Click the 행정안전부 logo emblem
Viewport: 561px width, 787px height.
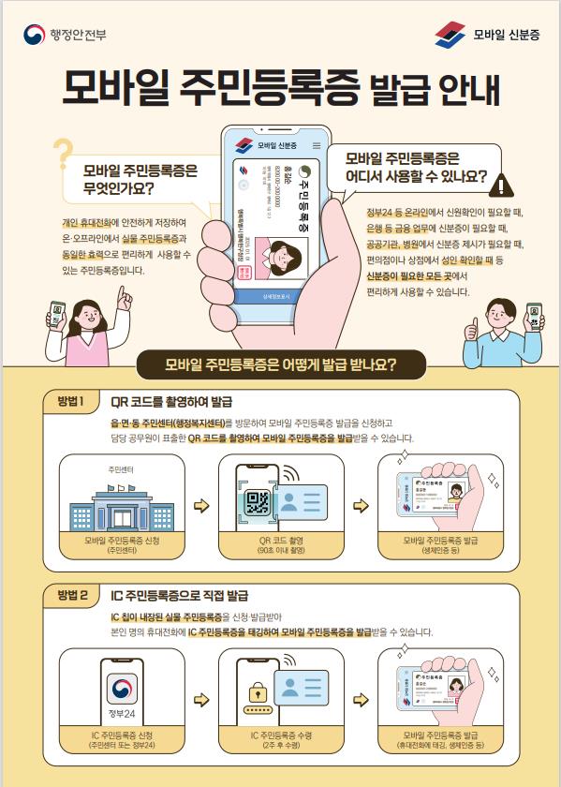pos(34,35)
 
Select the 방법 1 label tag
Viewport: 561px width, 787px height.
pos(71,402)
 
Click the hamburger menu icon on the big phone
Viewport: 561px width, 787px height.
pos(316,146)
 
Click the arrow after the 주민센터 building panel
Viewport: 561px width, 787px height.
pos(200,507)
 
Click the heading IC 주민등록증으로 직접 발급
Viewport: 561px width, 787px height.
pos(179,595)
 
